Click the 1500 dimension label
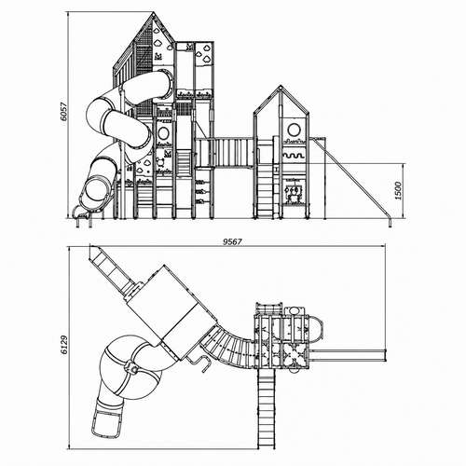coord(398,191)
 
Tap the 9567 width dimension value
coord(232,241)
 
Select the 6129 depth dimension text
coord(63,345)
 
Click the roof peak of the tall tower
coord(153,12)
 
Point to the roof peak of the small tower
coord(281,87)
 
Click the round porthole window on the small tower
coord(293,130)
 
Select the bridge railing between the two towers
coord(224,152)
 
